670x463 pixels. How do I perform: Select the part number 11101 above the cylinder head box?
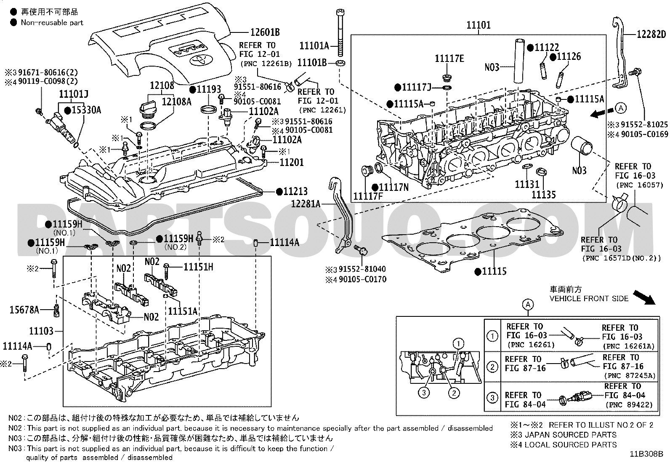479,25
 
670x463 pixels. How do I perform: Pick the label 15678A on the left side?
24,310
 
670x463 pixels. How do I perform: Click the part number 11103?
41,331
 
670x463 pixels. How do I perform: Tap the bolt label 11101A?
314,46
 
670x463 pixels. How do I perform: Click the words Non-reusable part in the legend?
52,23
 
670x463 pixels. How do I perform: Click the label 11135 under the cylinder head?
543,195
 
